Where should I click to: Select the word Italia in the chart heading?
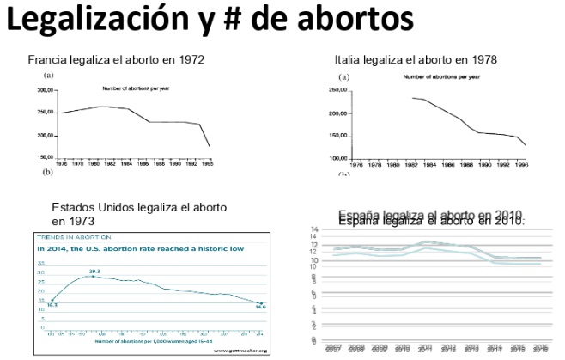349,60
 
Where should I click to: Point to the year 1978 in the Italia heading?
482,60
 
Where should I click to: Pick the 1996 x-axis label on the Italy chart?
521,163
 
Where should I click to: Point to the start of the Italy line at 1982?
413,98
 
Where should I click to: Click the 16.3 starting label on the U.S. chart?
52,304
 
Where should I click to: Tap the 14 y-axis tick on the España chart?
314,229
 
